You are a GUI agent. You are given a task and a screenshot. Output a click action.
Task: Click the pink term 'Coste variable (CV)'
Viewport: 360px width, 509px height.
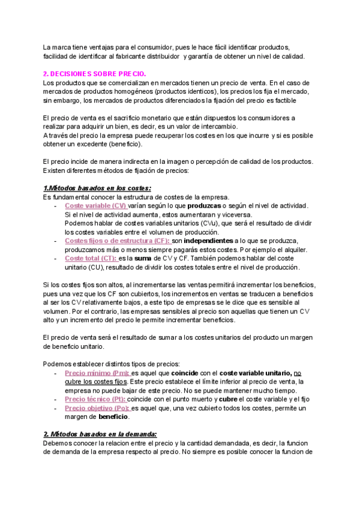[x=96, y=206]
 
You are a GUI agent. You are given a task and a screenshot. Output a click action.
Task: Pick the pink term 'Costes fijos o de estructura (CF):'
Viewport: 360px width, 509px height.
[x=118, y=241]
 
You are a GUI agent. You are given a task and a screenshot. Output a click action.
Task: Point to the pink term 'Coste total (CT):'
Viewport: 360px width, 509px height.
[x=91, y=258]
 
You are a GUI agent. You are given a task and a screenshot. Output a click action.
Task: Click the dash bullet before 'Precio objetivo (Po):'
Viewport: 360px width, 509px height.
[x=56, y=408]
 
